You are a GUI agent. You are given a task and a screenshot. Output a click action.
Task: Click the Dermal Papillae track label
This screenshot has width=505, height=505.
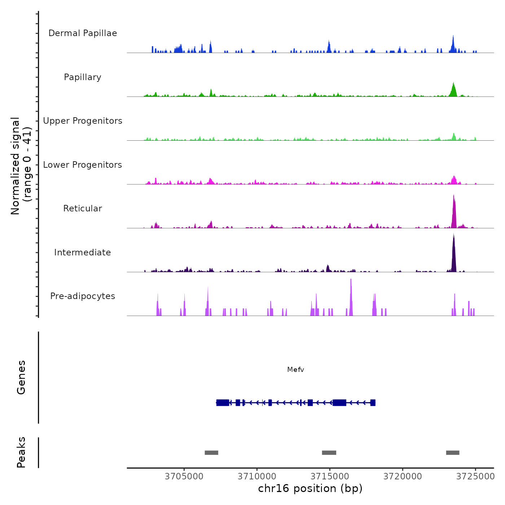83,33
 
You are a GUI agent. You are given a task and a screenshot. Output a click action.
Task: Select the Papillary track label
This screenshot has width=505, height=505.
83,77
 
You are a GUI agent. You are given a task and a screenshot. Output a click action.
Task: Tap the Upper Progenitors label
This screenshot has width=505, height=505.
83,121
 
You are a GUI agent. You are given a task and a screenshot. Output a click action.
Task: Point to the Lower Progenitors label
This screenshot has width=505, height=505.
83,165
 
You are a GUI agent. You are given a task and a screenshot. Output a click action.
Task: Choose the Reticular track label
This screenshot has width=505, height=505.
83,208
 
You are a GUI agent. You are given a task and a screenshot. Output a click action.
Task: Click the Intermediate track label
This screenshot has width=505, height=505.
83,252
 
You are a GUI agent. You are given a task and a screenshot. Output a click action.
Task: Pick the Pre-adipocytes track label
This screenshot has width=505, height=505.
83,296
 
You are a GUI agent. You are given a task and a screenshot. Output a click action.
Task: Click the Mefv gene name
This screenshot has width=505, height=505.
295,370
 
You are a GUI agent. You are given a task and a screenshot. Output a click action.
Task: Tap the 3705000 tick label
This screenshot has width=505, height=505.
184,477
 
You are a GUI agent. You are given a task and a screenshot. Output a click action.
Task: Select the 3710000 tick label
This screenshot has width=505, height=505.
257,477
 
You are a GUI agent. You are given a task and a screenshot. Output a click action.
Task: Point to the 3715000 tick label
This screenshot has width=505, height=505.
330,477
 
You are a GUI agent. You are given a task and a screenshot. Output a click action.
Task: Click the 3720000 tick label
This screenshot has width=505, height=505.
403,477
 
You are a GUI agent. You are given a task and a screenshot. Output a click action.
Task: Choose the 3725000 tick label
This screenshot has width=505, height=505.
475,477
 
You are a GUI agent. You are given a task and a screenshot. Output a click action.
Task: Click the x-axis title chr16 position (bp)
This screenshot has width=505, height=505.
310,488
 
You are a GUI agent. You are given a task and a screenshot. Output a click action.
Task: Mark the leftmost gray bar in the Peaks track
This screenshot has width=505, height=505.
211,453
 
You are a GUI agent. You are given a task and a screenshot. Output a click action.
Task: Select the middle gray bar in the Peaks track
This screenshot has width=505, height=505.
329,453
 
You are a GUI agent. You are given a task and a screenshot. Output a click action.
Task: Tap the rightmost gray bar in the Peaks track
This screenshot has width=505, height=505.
453,453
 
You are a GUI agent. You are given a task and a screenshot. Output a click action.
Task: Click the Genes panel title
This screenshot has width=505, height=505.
21,377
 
